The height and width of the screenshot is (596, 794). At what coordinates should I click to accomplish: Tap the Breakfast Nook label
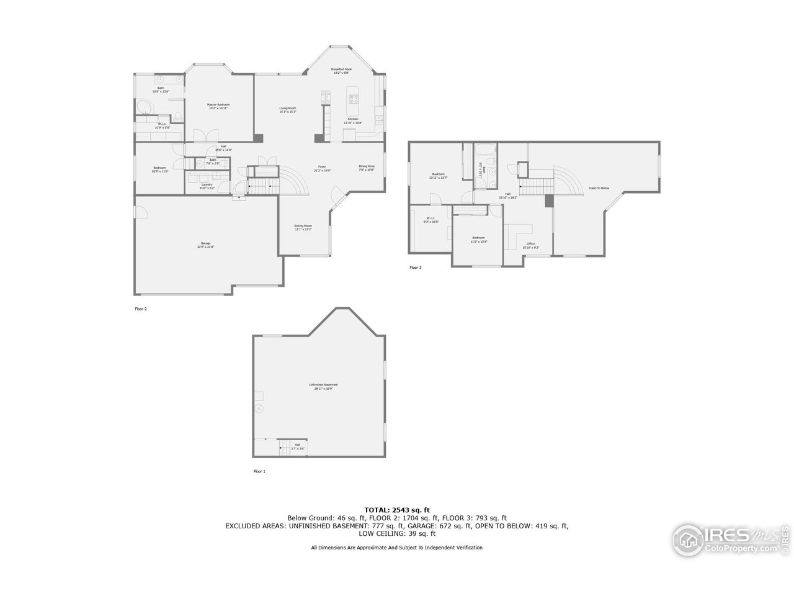pos(341,70)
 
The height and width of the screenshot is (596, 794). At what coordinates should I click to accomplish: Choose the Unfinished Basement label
pos(321,387)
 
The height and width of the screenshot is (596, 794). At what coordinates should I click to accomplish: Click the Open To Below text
pos(599,188)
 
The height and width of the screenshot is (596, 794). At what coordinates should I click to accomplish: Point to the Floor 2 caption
pos(141,309)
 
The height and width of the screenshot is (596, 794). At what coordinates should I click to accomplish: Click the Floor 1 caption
pos(259,472)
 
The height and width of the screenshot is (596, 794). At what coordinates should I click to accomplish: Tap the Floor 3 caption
pos(416,268)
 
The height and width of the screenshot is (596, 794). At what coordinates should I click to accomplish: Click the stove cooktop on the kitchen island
pos(354,98)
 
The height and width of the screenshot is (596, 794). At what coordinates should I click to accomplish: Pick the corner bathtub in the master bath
pos(145,107)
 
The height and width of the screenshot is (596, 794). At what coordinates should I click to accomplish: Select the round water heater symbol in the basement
pos(260,408)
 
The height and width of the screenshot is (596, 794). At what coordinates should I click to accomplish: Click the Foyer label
pos(323,167)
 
